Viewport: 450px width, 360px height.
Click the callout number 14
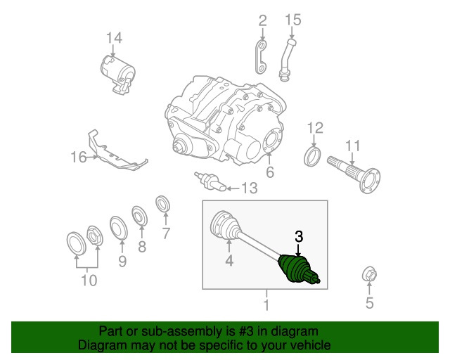114,37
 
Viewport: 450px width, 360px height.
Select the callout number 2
262,20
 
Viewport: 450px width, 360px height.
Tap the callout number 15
292,20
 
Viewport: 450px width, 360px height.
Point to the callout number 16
78,157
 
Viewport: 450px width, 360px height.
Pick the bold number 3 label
299,238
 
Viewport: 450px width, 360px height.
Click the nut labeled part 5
368,276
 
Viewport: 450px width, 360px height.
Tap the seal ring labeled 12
313,156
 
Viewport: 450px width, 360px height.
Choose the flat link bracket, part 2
262,58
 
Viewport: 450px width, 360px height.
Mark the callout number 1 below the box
266,305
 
